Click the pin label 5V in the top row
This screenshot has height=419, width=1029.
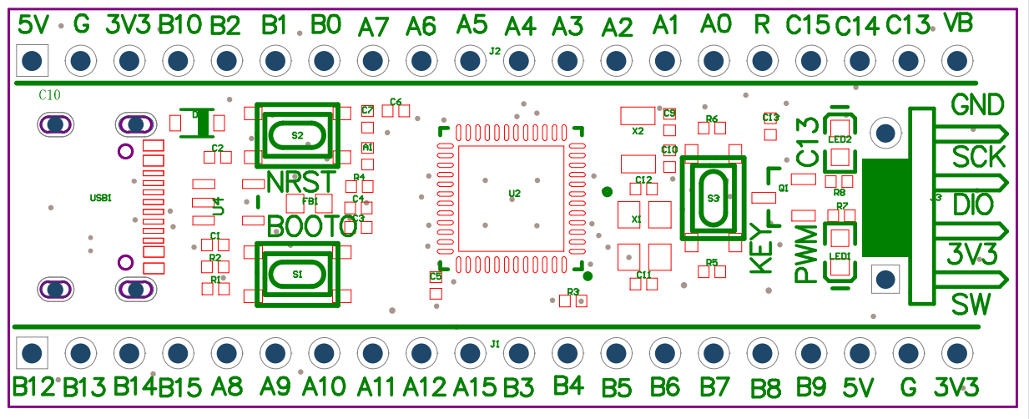(x=33, y=24)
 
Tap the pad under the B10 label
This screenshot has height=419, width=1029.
(x=178, y=61)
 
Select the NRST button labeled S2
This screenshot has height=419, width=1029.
(x=297, y=134)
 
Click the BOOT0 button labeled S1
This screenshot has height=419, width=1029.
(x=297, y=273)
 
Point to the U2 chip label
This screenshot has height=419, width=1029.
(x=514, y=194)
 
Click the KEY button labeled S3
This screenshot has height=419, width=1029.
(x=712, y=199)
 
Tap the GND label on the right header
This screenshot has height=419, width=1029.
(x=977, y=105)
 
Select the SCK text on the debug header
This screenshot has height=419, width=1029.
(x=979, y=156)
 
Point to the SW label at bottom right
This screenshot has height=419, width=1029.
(x=971, y=305)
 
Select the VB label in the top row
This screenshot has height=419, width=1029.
(x=956, y=23)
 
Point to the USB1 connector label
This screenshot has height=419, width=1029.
(x=100, y=198)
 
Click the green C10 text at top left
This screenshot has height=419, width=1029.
(x=49, y=95)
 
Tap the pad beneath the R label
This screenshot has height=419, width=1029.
(x=761, y=61)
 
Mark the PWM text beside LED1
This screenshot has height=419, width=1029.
(x=806, y=253)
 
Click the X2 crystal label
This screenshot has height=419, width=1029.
(x=638, y=131)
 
